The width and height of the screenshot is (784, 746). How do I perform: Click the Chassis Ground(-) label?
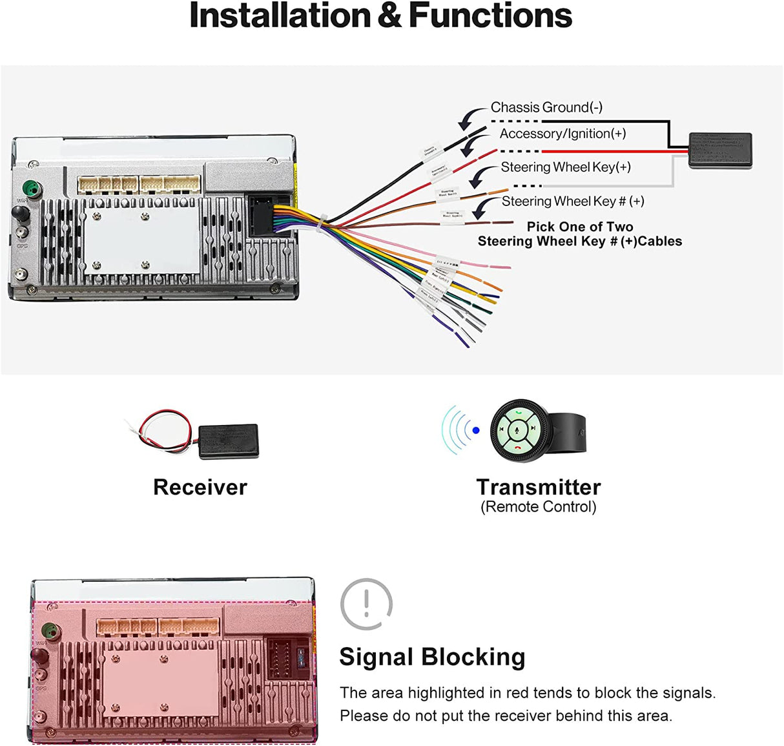coord(546,107)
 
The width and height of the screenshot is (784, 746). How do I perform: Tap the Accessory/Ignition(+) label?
coord(562,134)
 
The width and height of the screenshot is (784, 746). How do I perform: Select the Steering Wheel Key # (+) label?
coord(573,202)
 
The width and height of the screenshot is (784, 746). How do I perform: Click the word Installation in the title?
coord(280,16)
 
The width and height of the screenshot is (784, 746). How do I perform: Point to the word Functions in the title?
coord(490,16)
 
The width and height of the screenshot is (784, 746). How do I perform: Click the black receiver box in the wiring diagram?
coord(719,150)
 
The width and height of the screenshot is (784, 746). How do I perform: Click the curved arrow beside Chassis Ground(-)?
coord(471,118)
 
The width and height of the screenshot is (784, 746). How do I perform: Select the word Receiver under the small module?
coord(200,487)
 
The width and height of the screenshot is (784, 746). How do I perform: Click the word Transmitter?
coord(539,487)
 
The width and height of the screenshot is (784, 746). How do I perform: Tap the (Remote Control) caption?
coord(539,507)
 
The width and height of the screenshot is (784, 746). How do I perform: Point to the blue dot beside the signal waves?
coord(476,430)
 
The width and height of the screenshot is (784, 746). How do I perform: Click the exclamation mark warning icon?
coord(366,604)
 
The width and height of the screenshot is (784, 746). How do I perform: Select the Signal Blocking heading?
coord(432,657)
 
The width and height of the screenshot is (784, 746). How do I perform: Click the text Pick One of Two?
coord(580,227)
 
